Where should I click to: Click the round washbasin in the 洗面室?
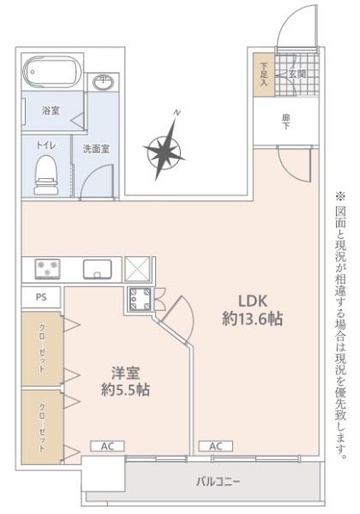pyautogui.click(x=103, y=82)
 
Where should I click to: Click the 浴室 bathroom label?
pyautogui.click(x=50, y=111)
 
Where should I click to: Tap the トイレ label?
pyautogui.click(x=45, y=146)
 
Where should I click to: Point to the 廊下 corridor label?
pyautogui.click(x=286, y=123)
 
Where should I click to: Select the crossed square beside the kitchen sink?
pyautogui.click(x=136, y=269)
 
